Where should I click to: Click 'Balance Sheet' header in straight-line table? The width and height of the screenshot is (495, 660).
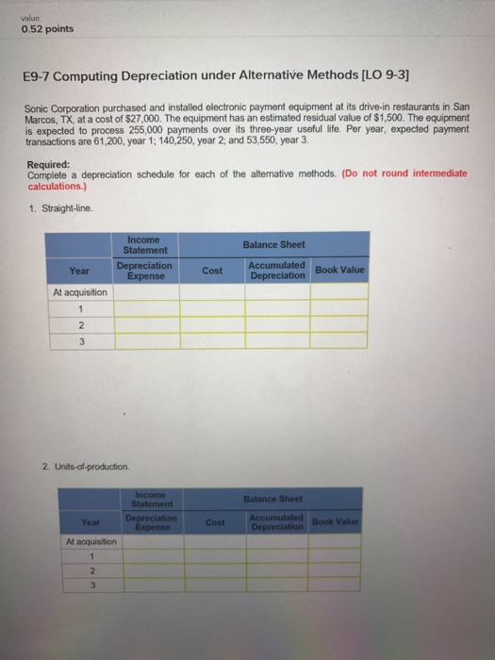(274, 244)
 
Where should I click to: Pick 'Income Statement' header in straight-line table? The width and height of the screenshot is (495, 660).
(146, 244)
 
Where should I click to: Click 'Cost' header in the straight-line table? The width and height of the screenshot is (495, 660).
(212, 271)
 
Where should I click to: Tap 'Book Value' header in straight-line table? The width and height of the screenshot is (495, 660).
(340, 271)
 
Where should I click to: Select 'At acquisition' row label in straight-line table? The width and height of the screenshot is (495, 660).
(80, 292)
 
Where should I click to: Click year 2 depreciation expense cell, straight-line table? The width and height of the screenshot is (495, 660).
(146, 324)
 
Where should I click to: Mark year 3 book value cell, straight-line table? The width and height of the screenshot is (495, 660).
(340, 340)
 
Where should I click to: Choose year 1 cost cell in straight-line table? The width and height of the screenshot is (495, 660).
(212, 308)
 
